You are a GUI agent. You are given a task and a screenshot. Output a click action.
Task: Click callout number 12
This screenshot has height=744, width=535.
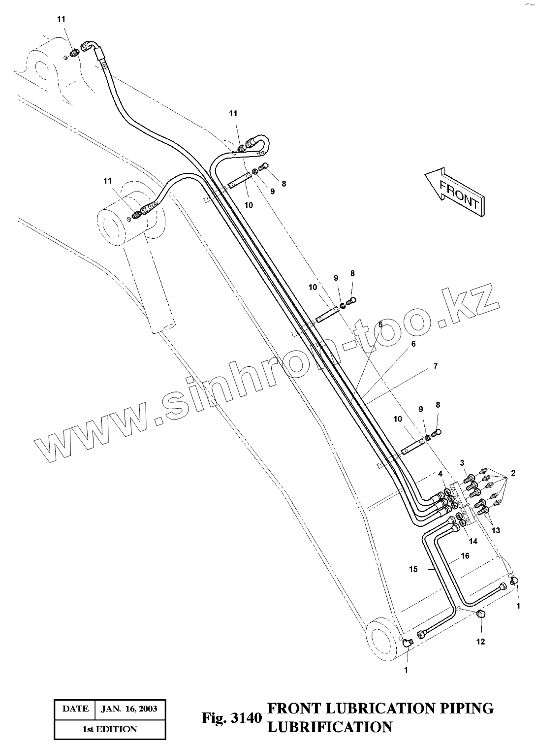(480, 641)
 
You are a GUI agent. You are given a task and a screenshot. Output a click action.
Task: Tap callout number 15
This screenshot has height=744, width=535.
(413, 569)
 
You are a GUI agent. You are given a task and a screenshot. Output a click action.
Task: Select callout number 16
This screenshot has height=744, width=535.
(465, 556)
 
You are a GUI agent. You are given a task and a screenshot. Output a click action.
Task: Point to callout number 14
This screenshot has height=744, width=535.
(472, 541)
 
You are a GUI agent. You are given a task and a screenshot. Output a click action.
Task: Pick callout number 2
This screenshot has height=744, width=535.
(513, 473)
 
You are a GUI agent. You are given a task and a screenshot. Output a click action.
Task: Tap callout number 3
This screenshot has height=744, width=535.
(462, 463)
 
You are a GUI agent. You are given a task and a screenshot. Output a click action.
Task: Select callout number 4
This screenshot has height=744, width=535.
(441, 474)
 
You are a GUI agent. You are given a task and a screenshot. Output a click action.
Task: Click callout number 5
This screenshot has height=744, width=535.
(379, 324)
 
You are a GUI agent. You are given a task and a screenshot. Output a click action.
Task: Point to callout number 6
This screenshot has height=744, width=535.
(413, 344)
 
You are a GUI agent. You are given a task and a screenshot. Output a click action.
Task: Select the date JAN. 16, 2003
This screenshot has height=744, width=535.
(129, 709)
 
